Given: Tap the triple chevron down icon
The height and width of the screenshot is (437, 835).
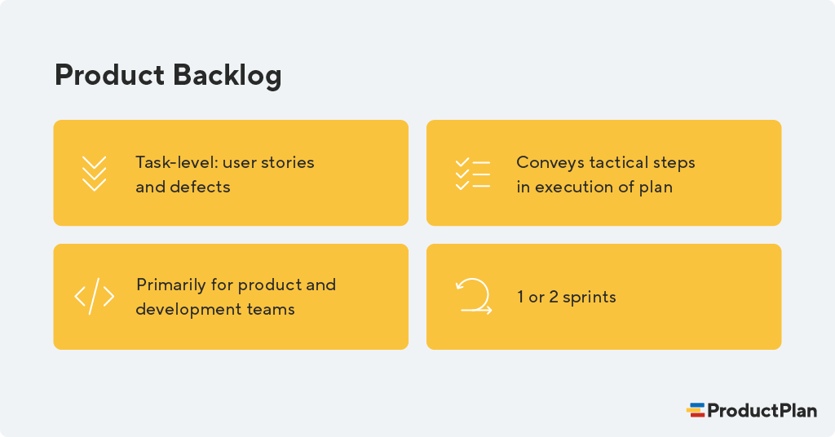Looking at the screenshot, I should tap(95, 174).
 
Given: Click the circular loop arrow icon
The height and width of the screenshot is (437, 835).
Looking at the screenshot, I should tap(473, 297).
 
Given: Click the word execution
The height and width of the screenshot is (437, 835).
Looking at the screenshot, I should tap(573, 187).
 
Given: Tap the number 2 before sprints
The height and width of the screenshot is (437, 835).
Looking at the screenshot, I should tap(553, 298).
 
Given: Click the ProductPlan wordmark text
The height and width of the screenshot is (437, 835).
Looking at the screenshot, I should tap(762, 410).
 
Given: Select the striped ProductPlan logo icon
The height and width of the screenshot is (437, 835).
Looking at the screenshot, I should tap(696, 410).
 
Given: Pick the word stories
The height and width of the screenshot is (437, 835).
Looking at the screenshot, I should tap(289, 162).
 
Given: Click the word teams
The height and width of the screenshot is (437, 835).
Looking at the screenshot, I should tap(272, 310).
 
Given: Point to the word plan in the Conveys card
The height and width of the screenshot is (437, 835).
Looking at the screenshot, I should tap(656, 187).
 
